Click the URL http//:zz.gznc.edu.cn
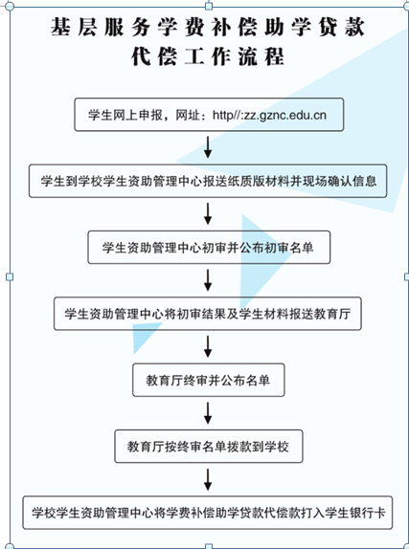[x=269, y=115]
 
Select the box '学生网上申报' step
[x=209, y=115]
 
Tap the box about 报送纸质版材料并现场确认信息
[x=208, y=181]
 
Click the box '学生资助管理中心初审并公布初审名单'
[x=209, y=247]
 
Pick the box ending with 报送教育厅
[x=207, y=314]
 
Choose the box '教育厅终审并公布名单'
[x=209, y=380]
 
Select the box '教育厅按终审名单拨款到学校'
[x=209, y=446]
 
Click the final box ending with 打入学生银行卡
[x=208, y=513]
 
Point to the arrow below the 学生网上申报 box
[x=208, y=147]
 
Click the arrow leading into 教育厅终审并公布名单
[x=208, y=346]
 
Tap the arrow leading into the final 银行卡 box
[x=208, y=479]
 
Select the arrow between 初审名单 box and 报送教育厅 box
[x=208, y=280]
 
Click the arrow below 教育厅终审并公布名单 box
[x=208, y=413]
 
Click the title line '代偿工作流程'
[x=208, y=56]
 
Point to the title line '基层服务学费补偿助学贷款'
[x=208, y=27]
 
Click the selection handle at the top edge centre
[x=209, y=5]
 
